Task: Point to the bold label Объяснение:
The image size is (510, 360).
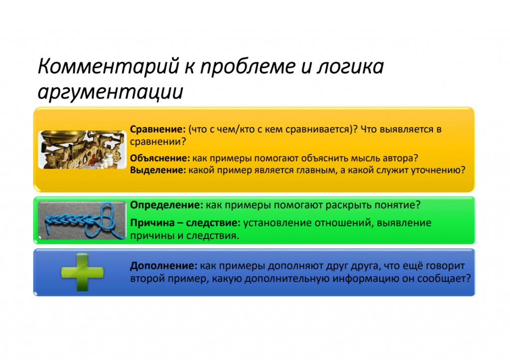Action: point(160,158)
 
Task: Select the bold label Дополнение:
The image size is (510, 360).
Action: point(162,266)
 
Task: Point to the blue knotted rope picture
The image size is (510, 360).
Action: point(81,220)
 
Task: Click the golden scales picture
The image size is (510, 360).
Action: point(81,149)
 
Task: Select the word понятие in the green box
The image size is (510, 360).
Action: point(395,205)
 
